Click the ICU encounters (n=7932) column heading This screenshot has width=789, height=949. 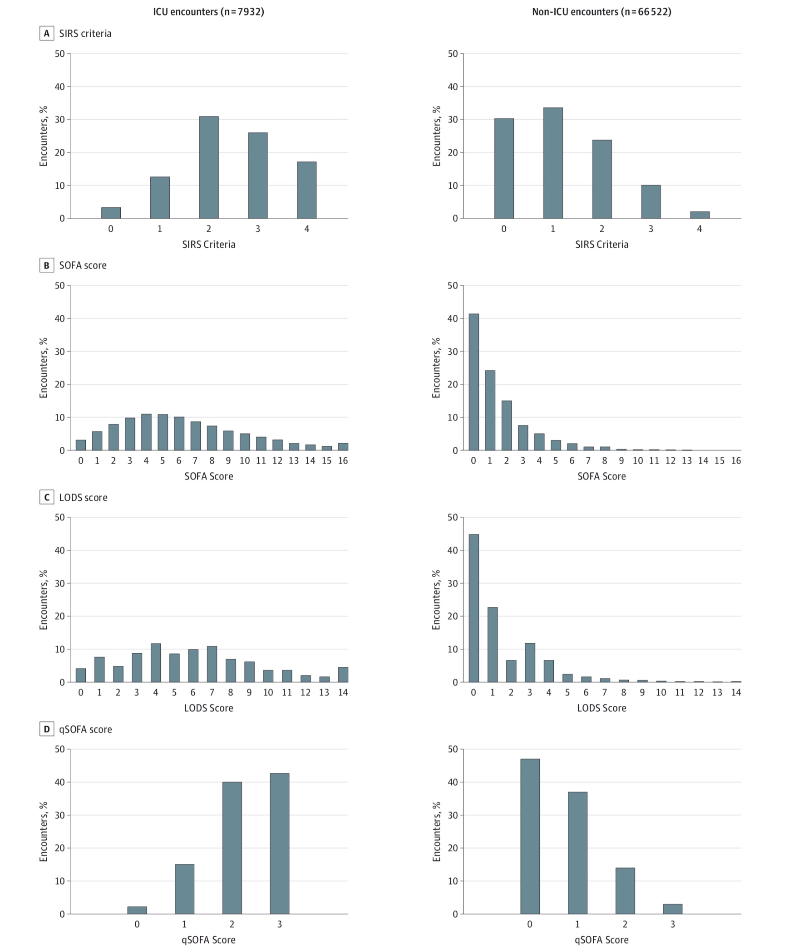208,12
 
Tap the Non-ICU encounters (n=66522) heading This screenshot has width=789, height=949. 602,12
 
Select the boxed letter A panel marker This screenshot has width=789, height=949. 46,34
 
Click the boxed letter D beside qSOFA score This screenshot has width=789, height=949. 46,729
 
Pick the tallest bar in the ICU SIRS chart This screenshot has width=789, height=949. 209,168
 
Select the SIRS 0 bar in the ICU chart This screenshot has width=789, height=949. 111,213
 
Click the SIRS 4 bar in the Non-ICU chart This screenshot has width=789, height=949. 700,215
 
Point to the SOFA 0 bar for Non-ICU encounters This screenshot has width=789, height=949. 473,382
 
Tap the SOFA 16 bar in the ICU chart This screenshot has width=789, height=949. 343,447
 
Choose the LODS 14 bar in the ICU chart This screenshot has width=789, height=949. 343,675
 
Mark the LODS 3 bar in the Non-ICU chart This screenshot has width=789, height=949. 530,663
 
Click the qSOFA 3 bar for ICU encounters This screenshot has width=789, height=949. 280,844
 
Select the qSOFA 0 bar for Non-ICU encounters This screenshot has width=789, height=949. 530,836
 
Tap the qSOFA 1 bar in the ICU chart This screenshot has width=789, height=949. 184,889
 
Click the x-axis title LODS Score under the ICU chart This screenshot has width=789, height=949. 208,708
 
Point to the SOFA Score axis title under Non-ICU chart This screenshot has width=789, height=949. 602,476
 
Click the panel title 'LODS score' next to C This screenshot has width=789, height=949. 83,498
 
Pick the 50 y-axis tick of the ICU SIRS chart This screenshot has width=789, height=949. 60,54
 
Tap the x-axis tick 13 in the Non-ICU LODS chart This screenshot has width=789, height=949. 717,693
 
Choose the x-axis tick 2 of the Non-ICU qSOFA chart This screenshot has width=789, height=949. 625,924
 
